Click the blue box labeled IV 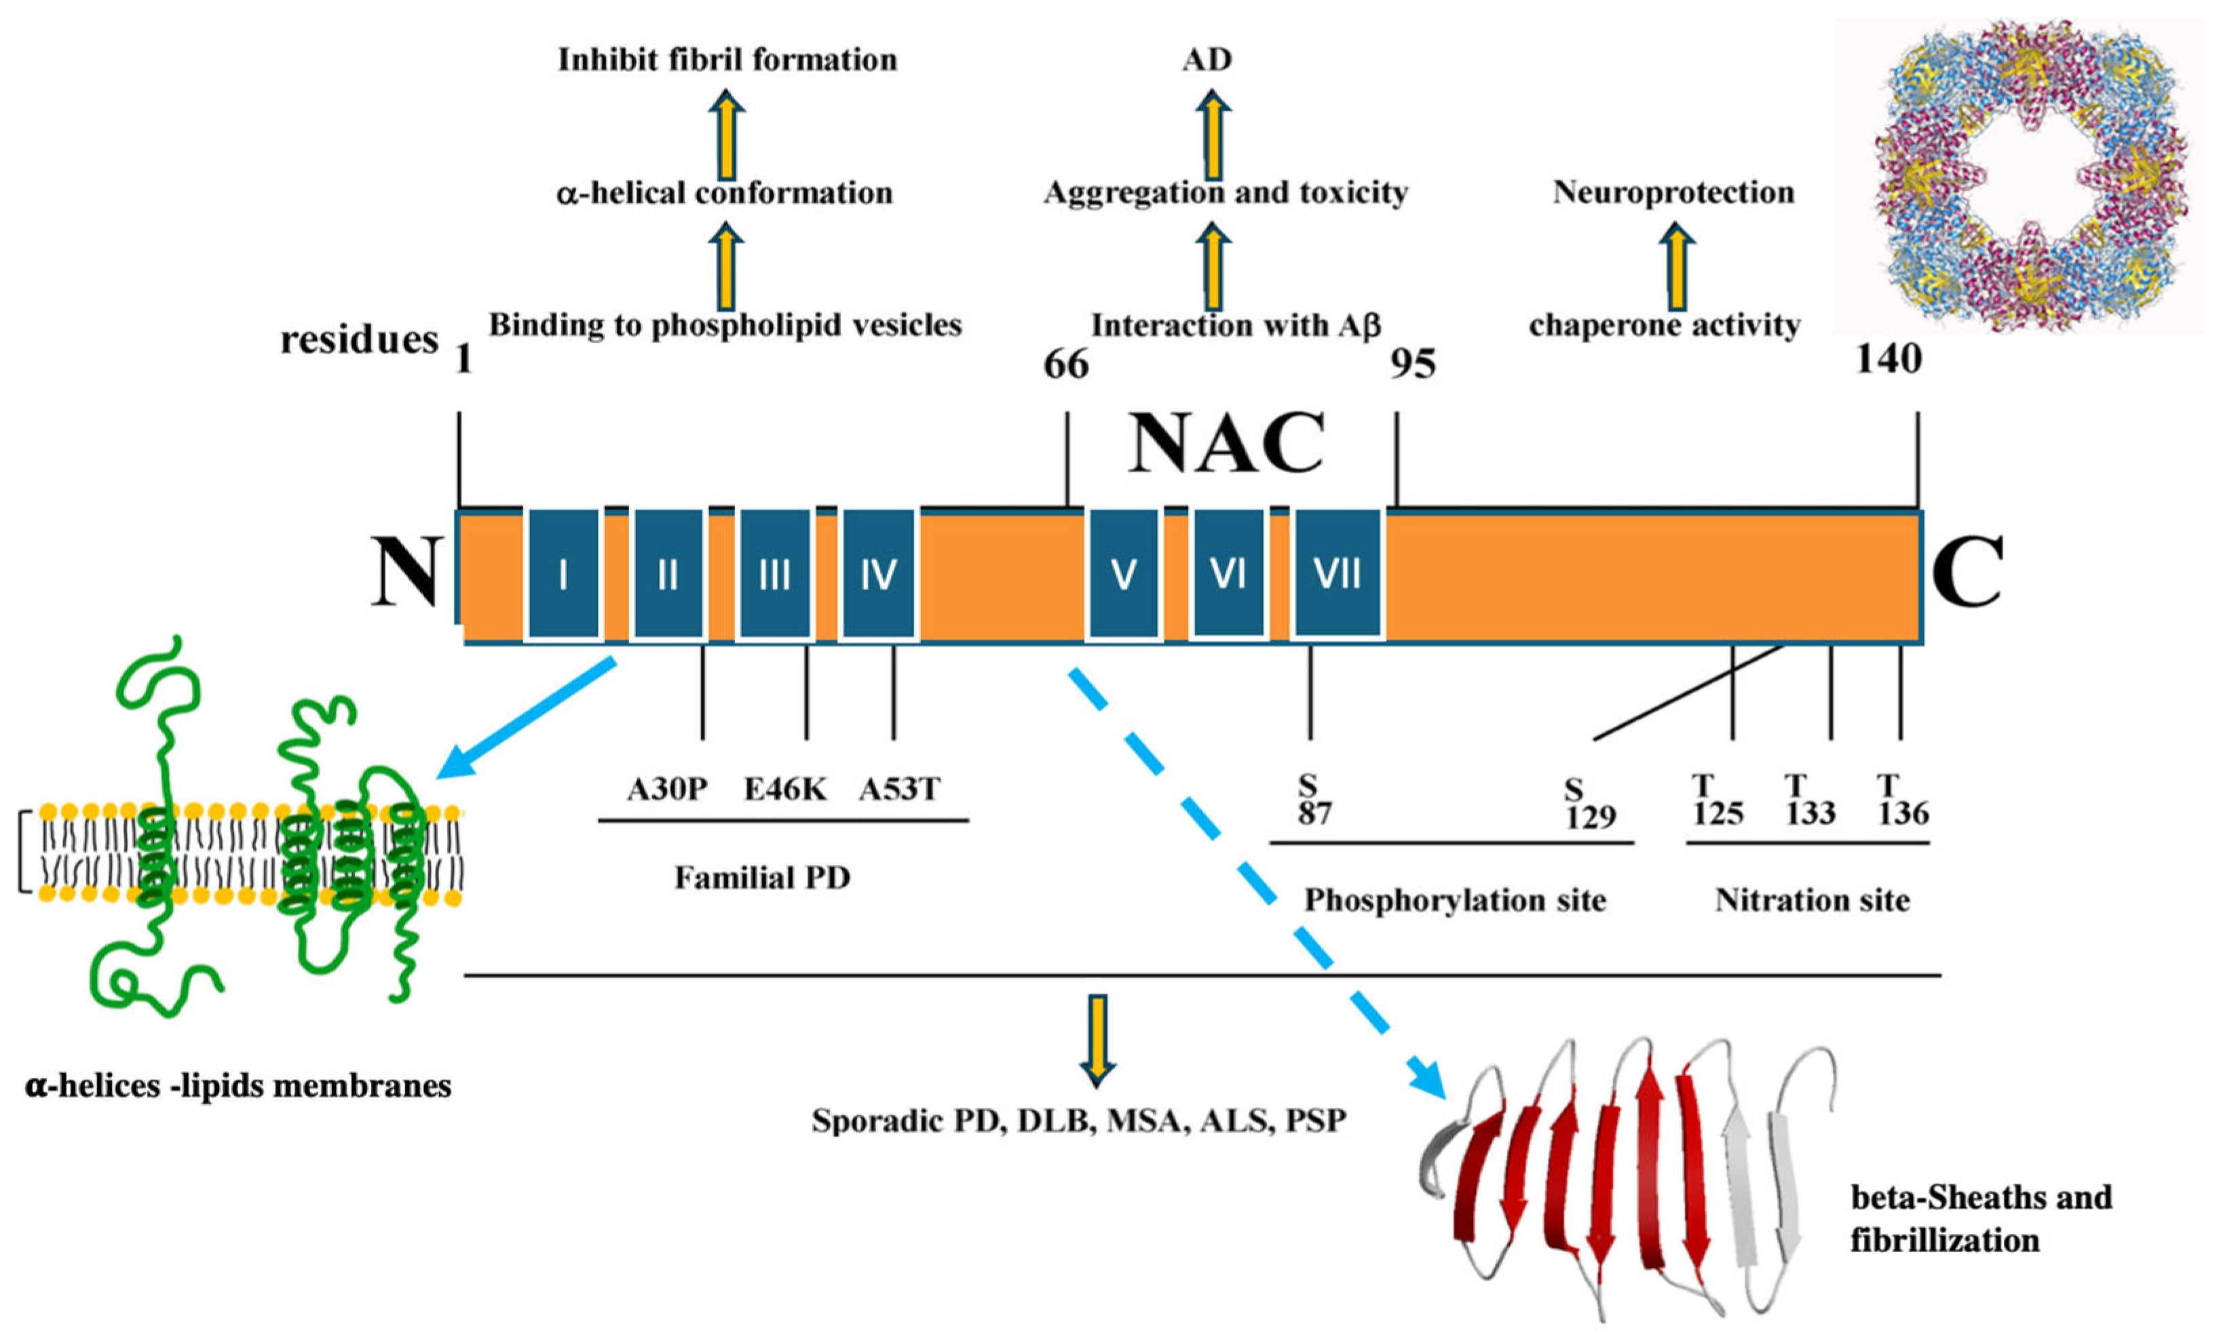pos(878,574)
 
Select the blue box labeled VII pos(1337,574)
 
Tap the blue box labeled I pos(563,574)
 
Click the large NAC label pos(1227,444)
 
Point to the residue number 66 pos(1065,365)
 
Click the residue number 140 pos(1888,359)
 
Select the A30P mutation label pos(667,790)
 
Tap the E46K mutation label pos(784,790)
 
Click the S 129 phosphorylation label pos(1589,804)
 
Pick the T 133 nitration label pos(1810,800)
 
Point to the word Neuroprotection pos(1673,192)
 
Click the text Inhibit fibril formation pos(727,60)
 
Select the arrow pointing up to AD pos(1213,135)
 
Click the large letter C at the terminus pos(1966,572)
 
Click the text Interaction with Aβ pos(1236,326)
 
